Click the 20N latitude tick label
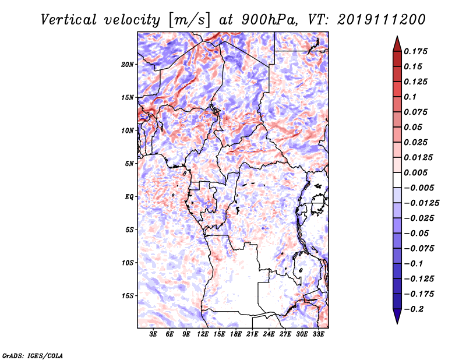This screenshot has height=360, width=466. (x=128, y=65)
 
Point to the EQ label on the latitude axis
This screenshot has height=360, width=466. (x=129, y=197)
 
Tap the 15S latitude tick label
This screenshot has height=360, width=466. (x=128, y=296)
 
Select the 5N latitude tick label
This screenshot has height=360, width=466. (x=129, y=164)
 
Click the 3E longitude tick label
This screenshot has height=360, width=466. (x=153, y=334)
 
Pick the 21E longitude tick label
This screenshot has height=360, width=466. (x=252, y=334)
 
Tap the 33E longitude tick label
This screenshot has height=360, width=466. (x=318, y=334)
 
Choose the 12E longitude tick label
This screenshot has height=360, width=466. (x=202, y=334)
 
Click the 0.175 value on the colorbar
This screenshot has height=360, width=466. (x=415, y=51)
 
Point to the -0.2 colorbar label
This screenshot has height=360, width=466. (x=414, y=309)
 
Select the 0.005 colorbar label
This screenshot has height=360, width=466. (x=415, y=172)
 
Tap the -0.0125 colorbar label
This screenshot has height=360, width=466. (x=421, y=203)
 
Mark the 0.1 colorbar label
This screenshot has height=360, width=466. (x=410, y=97)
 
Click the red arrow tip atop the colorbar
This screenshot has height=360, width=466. (x=397, y=36)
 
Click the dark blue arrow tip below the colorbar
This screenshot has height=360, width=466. (x=397, y=323)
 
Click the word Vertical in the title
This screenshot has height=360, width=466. (x=69, y=20)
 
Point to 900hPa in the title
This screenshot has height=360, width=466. (x=269, y=20)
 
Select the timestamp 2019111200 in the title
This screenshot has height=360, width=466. (x=382, y=20)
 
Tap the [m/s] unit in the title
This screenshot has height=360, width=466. (x=190, y=20)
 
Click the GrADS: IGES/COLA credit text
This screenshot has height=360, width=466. (x=33, y=356)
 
